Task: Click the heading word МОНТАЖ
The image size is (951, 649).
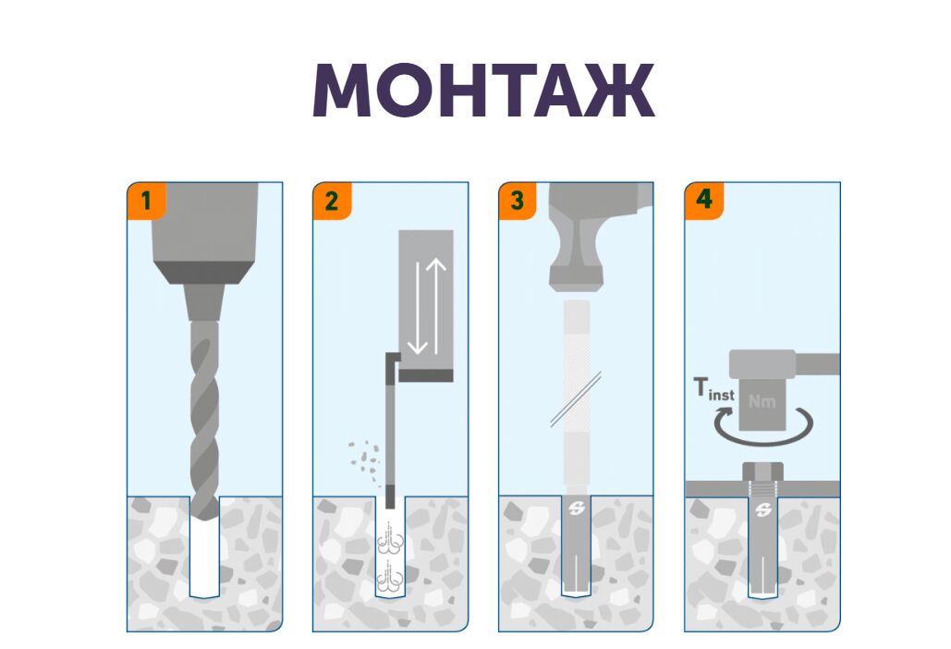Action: click(483, 90)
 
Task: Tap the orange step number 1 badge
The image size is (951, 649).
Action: click(146, 201)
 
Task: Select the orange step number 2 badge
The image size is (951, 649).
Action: click(332, 201)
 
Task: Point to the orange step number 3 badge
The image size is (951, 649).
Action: click(518, 201)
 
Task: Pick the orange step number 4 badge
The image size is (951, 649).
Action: click(703, 201)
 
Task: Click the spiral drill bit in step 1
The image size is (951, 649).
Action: click(204, 420)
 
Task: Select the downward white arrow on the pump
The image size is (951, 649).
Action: click(418, 308)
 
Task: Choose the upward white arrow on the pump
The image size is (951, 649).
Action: click(436, 306)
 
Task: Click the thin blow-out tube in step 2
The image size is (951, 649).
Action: click(390, 431)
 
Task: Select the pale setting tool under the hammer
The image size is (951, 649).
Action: click(576, 394)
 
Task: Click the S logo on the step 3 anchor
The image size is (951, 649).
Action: click(576, 508)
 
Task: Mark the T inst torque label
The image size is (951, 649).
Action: click(713, 389)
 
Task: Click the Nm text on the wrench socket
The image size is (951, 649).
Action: click(762, 401)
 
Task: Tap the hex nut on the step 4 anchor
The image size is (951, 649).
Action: click(763, 471)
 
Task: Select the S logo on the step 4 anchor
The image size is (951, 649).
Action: click(763, 510)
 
